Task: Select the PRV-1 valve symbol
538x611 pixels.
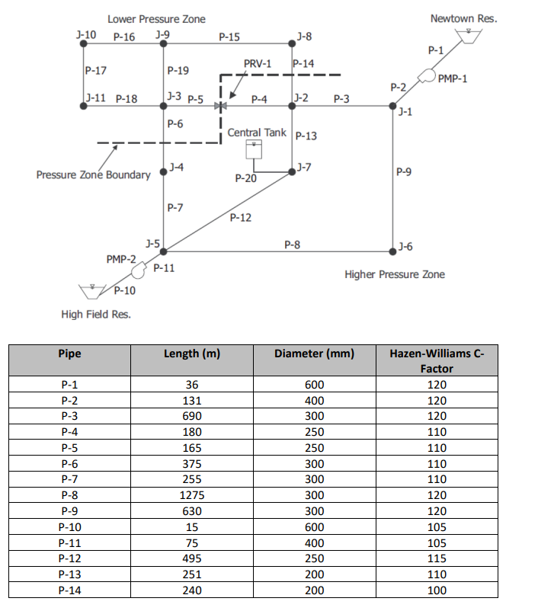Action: click(219, 105)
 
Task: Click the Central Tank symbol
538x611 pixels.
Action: click(254, 150)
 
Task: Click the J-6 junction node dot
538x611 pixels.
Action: click(392, 246)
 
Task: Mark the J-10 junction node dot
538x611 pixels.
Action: click(83, 44)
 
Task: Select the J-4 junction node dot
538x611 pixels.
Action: click(163, 171)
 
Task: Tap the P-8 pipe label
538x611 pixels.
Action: click(292, 245)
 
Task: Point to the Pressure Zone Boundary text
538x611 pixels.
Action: click(93, 175)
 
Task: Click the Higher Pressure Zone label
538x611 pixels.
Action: click(395, 274)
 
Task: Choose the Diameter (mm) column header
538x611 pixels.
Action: click(314, 353)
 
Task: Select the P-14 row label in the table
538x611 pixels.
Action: click(69, 590)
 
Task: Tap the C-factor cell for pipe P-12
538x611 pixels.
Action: click(437, 559)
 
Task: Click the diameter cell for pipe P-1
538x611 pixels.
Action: click(314, 385)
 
